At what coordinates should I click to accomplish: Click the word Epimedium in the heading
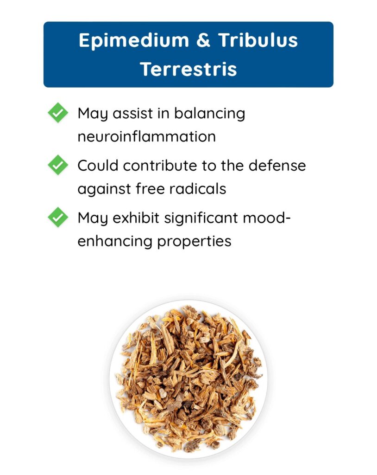[x=134, y=41]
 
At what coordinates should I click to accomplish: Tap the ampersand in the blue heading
[x=203, y=40]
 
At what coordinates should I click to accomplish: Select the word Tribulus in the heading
[x=258, y=40]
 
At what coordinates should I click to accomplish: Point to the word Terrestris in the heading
[x=188, y=69]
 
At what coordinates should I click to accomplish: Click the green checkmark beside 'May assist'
[x=58, y=113]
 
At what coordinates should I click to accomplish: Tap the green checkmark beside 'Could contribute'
[x=58, y=165]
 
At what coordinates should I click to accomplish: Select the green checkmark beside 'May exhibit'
[x=58, y=217]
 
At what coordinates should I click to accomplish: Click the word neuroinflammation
[x=147, y=137]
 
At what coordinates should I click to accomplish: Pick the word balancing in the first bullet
[x=209, y=114]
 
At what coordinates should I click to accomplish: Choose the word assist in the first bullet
[x=132, y=114]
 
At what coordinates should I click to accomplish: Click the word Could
[x=98, y=166]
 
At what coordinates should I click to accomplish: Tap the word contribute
[x=160, y=166]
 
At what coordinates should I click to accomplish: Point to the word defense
[x=277, y=166]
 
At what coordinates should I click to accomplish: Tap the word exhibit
[x=136, y=218]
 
